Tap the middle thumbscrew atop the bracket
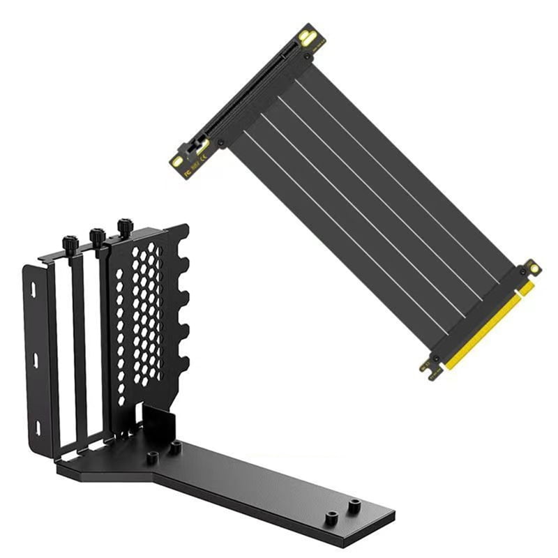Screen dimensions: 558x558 98,235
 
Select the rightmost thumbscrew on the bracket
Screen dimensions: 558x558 126,227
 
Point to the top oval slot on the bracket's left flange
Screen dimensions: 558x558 33,287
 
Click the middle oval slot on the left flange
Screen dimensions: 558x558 35,361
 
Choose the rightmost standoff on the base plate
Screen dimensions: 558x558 355,506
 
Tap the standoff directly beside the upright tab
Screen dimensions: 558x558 177,445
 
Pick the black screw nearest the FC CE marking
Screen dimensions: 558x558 221,143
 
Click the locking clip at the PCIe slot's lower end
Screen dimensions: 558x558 188,149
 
